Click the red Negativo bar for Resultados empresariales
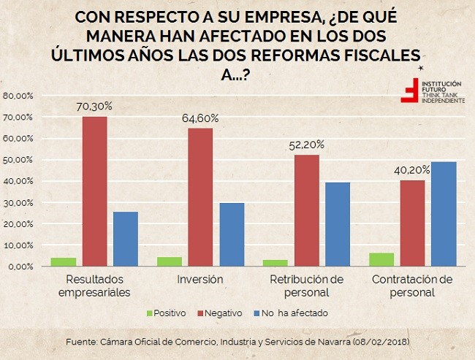pyautogui.click(x=94, y=191)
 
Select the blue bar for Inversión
pyautogui.click(x=232, y=234)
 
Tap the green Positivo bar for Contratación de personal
pyautogui.click(x=381, y=259)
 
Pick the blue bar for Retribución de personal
pyautogui.click(x=338, y=224)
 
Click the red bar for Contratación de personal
pyautogui.click(x=412, y=223)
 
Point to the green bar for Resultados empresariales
pyautogui.click(x=64, y=261)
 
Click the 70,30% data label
pyautogui.click(x=94, y=106)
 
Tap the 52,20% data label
pyautogui.click(x=306, y=144)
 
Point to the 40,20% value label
pyautogui.click(x=412, y=169)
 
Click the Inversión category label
pyautogui.click(x=200, y=280)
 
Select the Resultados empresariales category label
pyautogui.click(x=98, y=286)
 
